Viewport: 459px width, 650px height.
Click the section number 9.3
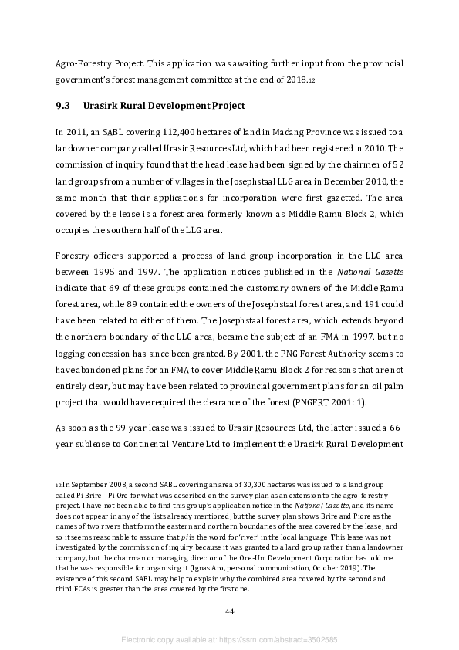(63, 106)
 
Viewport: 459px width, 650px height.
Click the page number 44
(229, 611)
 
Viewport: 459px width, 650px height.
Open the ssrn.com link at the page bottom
(274, 640)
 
